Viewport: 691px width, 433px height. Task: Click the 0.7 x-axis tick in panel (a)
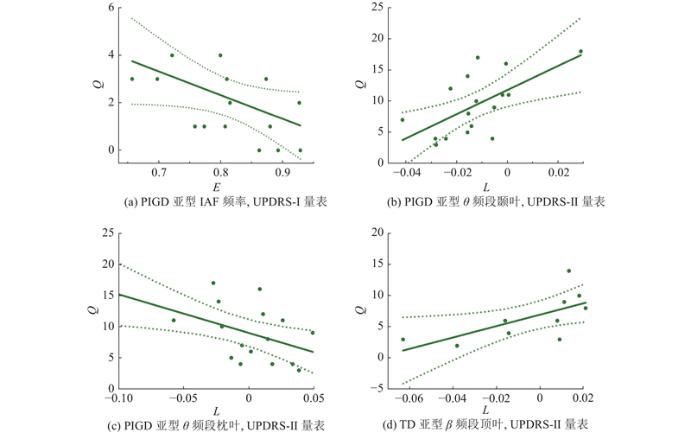(159, 173)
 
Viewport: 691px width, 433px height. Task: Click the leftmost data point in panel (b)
(403, 119)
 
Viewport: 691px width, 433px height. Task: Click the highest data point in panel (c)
(213, 283)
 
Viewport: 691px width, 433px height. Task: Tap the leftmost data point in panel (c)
(174, 321)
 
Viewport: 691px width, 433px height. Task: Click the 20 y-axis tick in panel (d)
(384, 232)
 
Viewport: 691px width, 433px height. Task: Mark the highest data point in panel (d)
(568, 271)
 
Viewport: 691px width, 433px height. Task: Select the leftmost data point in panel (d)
(403, 340)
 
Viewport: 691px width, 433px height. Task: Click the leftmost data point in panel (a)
(132, 80)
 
